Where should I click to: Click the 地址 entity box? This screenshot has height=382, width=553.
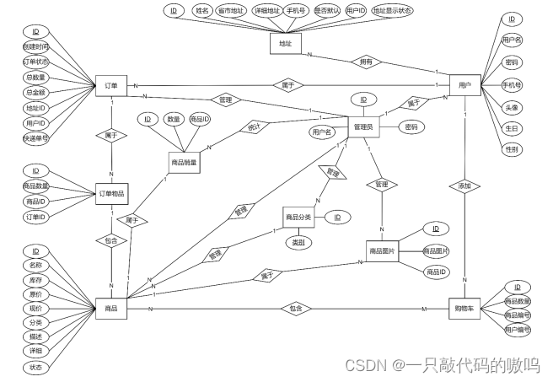tap(285, 42)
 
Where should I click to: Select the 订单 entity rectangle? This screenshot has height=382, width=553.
tap(111, 86)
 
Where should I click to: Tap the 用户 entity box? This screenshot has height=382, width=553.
tap(464, 86)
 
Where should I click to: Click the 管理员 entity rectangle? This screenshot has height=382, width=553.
tap(363, 127)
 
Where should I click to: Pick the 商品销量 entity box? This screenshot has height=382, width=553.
tap(185, 161)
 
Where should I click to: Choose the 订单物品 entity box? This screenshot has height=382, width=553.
tap(111, 193)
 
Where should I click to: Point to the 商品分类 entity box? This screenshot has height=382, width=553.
tap(298, 217)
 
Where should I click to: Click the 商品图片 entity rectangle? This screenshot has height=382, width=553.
tap(383, 250)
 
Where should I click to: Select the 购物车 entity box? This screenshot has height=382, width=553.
tap(464, 308)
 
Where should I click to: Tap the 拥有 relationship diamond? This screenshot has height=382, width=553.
tap(368, 62)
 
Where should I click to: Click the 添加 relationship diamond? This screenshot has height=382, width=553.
tap(464, 186)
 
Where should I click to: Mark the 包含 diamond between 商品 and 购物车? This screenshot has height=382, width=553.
tap(294, 309)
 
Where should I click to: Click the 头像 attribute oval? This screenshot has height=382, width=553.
tap(511, 107)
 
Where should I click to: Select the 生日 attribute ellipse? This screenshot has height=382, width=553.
tap(511, 128)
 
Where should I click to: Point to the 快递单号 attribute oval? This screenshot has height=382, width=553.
tap(36, 137)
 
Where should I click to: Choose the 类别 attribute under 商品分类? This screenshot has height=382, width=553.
tap(298, 244)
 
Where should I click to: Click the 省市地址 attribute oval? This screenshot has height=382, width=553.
tap(230, 11)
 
